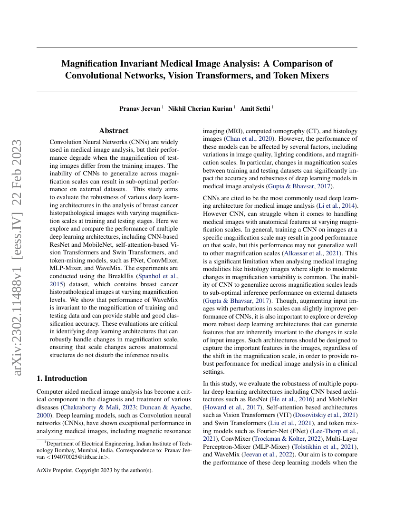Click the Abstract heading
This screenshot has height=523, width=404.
(114, 130)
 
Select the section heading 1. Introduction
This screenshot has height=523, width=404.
(62, 378)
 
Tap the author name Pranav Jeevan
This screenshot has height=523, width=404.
(140, 108)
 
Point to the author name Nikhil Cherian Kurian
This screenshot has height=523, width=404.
(202, 108)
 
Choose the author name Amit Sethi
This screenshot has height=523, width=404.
(256, 108)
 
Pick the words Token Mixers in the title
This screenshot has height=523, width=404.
(301, 75)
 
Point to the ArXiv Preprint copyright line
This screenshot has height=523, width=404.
(95, 471)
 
